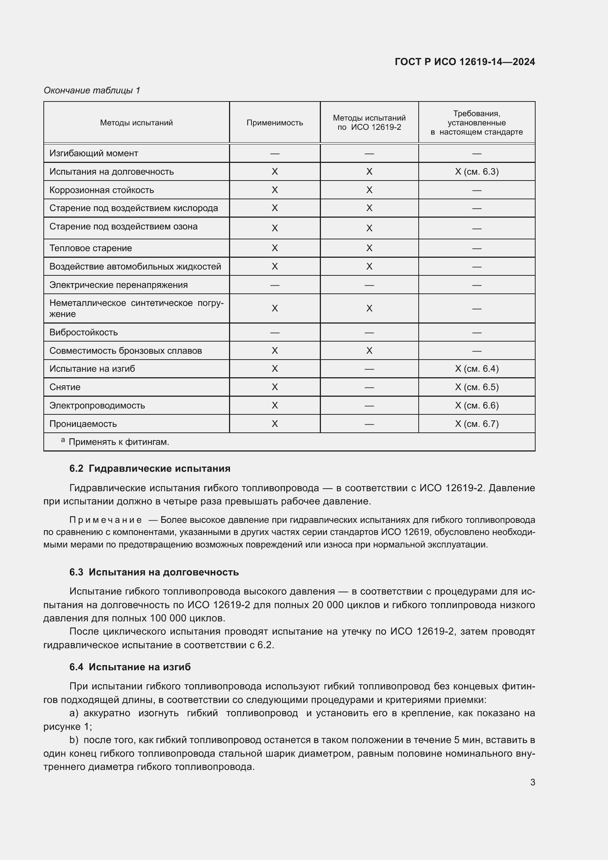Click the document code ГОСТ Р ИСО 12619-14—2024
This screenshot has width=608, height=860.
[465, 62]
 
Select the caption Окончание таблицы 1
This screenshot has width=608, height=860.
[92, 90]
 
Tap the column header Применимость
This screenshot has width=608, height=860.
[275, 123]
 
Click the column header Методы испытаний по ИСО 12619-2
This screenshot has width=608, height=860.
[369, 122]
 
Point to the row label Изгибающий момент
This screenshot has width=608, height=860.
[94, 153]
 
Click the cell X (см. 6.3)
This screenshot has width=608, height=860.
[477, 172]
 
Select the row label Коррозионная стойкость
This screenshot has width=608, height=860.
[101, 190]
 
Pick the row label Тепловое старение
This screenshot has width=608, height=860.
[90, 248]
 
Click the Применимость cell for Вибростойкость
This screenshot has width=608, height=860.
[275, 332]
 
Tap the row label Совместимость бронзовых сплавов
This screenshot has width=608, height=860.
[125, 351]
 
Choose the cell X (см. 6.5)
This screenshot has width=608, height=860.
[477, 387]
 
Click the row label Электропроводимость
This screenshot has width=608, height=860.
[97, 405]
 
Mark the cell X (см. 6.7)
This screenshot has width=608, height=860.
[477, 424]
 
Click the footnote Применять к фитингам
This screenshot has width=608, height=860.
[119, 442]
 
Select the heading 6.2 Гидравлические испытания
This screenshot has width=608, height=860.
[150, 468]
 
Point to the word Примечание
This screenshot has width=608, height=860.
[105, 520]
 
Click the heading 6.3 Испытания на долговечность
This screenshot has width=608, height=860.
[154, 572]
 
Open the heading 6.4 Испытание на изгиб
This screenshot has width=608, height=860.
[130, 667]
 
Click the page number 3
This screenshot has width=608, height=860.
[532, 782]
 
